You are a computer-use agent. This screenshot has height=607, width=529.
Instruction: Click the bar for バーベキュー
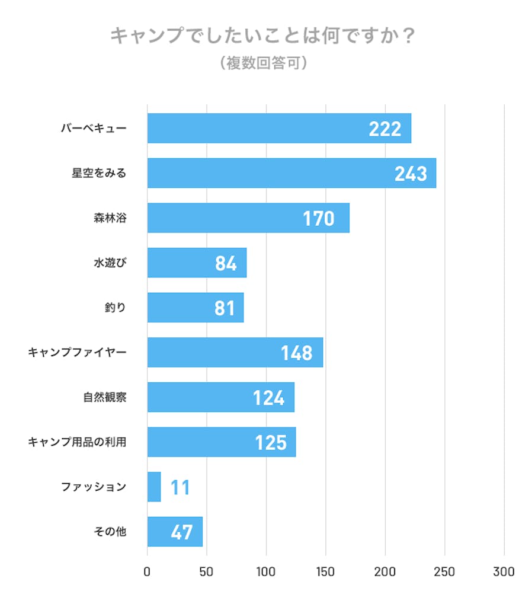tap(278, 128)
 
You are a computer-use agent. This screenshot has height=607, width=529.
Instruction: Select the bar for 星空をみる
tap(291, 173)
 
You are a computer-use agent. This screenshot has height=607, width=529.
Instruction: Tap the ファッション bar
tap(154, 487)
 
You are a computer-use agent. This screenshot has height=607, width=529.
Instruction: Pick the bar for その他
tap(175, 532)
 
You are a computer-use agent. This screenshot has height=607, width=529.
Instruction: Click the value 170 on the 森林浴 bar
tap(319, 219)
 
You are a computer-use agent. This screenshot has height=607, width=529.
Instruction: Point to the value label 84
tap(226, 264)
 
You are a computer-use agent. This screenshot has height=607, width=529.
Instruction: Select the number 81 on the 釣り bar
tap(225, 308)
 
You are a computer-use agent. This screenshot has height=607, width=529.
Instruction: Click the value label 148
tap(296, 353)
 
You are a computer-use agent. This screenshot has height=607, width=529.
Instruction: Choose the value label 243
tap(411, 174)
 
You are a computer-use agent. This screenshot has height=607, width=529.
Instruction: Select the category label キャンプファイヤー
tap(77, 353)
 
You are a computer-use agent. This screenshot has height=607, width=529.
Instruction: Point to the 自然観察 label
tap(105, 397)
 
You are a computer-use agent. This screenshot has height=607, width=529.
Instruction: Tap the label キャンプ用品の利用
tap(77, 442)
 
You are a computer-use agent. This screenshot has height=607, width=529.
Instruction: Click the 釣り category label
tap(115, 308)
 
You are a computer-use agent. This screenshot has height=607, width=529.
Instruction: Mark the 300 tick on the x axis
tap(504, 572)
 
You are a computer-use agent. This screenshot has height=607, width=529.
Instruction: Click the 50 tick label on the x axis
tap(207, 572)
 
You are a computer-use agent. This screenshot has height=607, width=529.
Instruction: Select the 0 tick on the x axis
tap(148, 572)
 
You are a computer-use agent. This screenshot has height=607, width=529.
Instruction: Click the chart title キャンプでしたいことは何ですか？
tap(262, 37)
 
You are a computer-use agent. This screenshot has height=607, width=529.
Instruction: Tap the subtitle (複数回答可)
tap(262, 63)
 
